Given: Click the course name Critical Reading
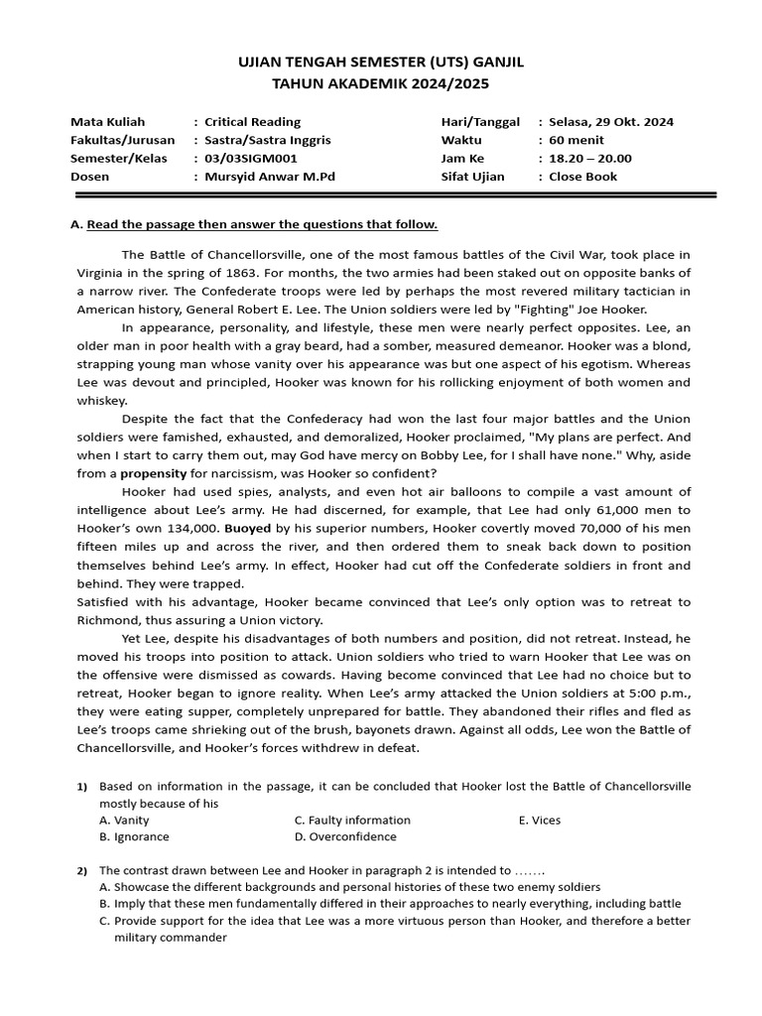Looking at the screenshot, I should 252,122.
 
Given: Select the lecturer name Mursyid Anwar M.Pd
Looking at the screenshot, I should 270,177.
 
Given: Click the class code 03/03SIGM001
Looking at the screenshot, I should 251,159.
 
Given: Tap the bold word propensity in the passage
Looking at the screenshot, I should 154,474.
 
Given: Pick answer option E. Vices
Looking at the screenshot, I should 540,821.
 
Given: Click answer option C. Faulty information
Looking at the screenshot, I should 352,821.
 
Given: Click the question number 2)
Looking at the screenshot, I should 82,871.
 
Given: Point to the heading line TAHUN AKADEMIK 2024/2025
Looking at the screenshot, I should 381,84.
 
